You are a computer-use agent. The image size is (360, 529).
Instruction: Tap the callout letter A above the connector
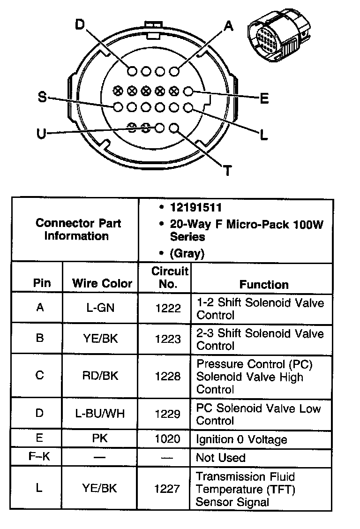pos(228,26)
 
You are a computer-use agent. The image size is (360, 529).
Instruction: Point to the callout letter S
pos(42,98)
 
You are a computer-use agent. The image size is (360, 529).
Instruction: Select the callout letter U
pos(42,134)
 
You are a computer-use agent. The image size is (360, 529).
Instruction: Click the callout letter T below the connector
pos(227,170)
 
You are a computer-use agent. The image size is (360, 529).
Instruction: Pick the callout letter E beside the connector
pos(264,98)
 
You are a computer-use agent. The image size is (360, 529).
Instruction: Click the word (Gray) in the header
pos(187,254)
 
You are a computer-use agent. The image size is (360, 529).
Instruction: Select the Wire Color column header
pos(102,283)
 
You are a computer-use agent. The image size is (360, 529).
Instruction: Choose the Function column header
pos(264,284)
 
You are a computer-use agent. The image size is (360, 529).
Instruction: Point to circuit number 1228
pos(167,376)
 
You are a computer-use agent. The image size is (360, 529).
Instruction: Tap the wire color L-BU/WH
pos(100,414)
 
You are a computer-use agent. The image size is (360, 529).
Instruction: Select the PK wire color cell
pos(100,439)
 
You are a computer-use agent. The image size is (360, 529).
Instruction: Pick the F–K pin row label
pos(39,456)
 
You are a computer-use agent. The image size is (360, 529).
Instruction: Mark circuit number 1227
pos(167,489)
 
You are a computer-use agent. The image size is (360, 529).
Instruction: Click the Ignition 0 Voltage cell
pos(241,439)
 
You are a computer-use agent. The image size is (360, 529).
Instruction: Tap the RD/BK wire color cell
pos(100,376)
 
